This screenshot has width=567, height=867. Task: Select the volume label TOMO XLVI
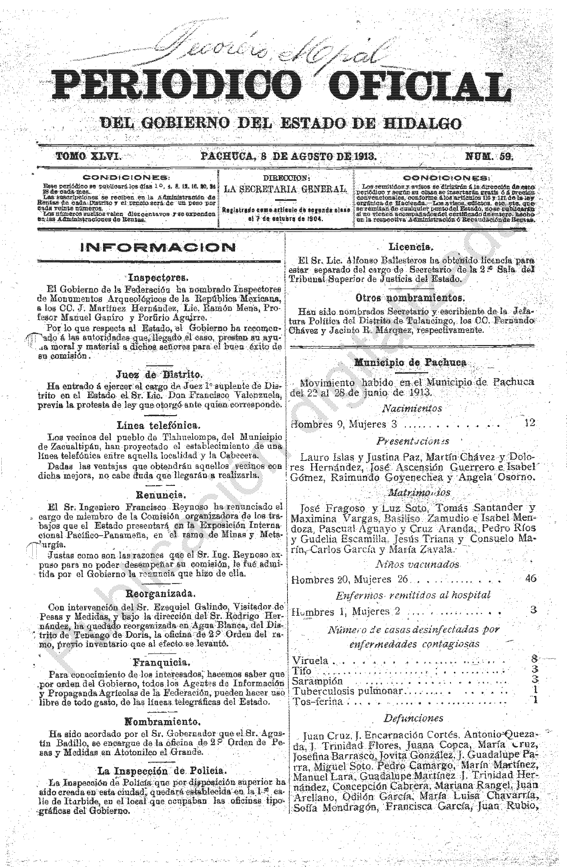pyautogui.click(x=88, y=157)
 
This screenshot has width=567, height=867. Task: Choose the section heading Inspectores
pyautogui.click(x=158, y=278)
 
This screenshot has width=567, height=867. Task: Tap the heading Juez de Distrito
pyautogui.click(x=158, y=374)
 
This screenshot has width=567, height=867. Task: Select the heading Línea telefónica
pyautogui.click(x=158, y=425)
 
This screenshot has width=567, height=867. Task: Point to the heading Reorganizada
pyautogui.click(x=159, y=593)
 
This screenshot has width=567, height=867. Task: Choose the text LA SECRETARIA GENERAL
pyautogui.click(x=285, y=189)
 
